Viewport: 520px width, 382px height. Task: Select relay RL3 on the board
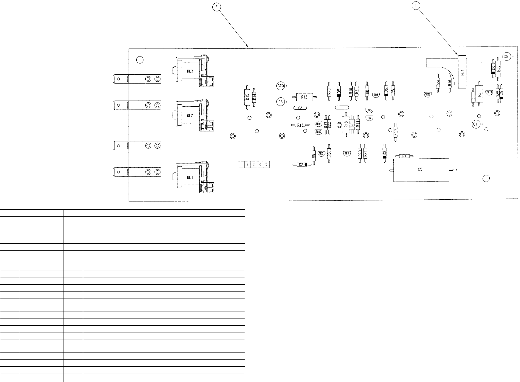tap(190, 71)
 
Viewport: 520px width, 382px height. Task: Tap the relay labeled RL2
tap(190, 116)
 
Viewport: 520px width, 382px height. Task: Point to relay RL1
tap(190, 177)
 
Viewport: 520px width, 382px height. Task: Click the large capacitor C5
tap(421, 170)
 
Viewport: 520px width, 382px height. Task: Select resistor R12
tap(304, 97)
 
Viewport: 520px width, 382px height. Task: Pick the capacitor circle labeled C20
tap(280, 86)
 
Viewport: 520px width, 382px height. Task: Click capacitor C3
tap(280, 102)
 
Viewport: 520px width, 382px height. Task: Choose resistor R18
tap(346, 124)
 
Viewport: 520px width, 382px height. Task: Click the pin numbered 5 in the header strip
tap(266, 165)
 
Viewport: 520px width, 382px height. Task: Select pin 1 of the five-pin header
tap(241, 165)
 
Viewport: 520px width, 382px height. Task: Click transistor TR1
tap(347, 153)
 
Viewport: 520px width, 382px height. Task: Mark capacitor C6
tap(506, 57)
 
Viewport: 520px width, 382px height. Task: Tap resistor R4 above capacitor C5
tap(404, 156)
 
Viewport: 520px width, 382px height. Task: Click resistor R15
tap(247, 97)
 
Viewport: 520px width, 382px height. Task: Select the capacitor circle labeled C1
tap(476, 124)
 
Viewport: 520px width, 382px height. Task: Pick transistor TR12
tap(428, 95)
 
